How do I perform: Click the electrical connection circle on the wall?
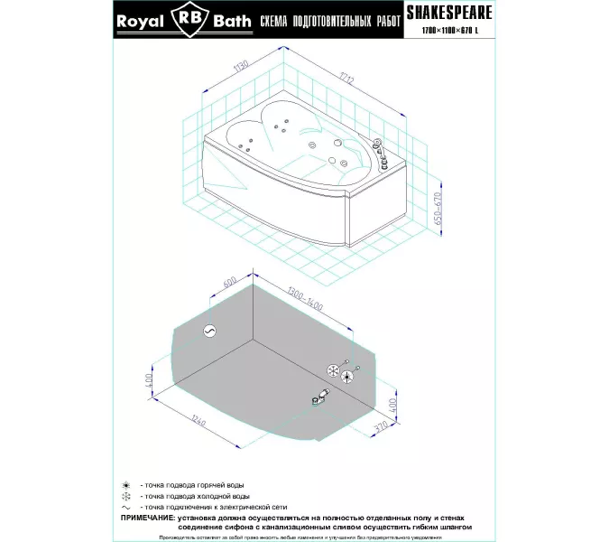[209, 332]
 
